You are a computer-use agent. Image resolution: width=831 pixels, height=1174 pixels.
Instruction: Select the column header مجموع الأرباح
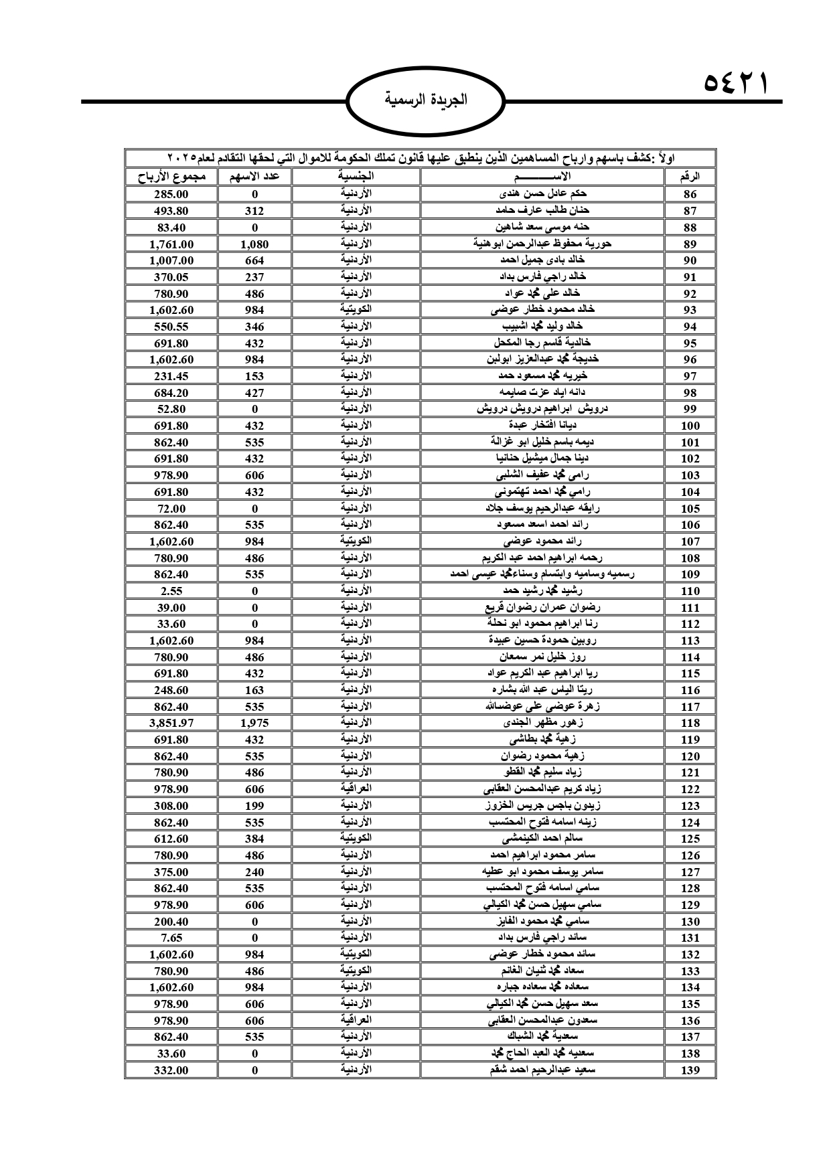point(171,177)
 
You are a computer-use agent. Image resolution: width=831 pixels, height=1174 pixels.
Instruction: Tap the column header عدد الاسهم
point(254,177)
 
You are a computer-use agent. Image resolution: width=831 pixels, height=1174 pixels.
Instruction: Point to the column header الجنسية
point(356,177)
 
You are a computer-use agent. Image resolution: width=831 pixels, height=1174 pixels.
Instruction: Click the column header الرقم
point(690,177)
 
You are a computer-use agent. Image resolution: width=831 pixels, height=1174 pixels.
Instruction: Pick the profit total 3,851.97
point(171,723)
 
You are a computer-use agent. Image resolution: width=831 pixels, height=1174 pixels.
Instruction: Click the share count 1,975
point(254,723)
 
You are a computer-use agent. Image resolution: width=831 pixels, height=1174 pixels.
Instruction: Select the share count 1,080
point(254,244)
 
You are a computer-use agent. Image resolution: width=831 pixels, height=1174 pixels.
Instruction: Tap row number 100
point(690,426)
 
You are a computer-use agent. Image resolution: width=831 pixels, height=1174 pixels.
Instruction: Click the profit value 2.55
point(171,591)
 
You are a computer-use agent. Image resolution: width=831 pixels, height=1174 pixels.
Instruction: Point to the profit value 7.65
point(171,938)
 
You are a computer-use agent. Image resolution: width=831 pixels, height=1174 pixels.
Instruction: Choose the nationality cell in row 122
point(356,789)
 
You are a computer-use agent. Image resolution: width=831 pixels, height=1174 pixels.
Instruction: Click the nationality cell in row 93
point(356,310)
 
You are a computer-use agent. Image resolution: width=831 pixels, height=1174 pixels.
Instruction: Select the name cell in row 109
point(542,574)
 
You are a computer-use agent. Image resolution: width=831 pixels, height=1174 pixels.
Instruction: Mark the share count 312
point(254,211)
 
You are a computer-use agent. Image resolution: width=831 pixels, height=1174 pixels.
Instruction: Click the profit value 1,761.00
point(171,244)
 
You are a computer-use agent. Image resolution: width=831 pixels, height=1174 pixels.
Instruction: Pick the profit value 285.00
point(171,194)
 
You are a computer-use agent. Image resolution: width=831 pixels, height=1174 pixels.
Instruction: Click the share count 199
point(254,806)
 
